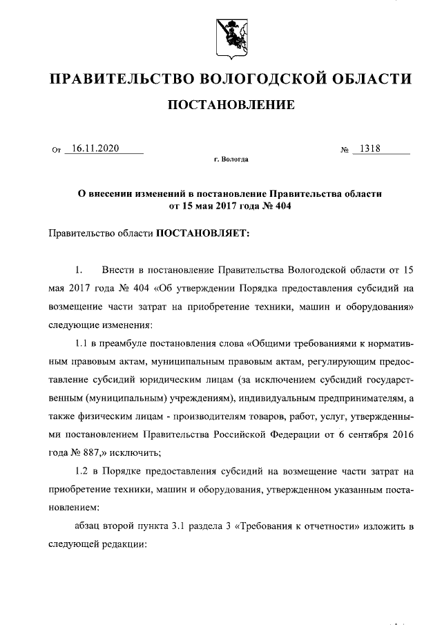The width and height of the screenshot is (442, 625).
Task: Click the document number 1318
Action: click(367, 148)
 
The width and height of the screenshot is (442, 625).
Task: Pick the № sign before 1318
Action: click(344, 149)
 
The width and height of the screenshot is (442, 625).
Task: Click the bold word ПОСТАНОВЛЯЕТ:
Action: click(202, 233)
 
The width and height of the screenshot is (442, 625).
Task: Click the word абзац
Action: click(88, 526)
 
